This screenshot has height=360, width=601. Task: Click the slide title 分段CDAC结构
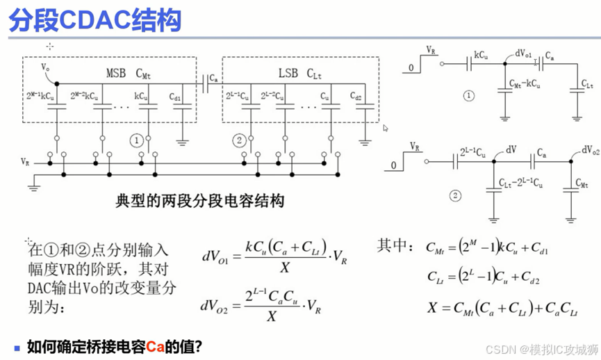pos(95,21)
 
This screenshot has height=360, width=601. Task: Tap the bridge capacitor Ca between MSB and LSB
pos(206,83)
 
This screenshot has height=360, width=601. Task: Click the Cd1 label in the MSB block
pos(175,98)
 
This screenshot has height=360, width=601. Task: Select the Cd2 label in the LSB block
pos(356,96)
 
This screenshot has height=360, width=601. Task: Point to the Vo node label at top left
pos(46,67)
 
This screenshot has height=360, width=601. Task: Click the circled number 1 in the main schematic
pos(137,140)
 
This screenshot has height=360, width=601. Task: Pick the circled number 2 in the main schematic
pos(239,140)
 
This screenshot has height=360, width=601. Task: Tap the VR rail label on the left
pos(26,162)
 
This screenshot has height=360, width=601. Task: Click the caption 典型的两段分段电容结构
pos(199,202)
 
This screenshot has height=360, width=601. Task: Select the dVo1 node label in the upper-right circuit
pos(524,53)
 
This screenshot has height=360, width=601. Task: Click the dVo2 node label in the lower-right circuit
pos(588,150)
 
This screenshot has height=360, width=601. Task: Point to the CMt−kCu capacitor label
pos(525,84)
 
